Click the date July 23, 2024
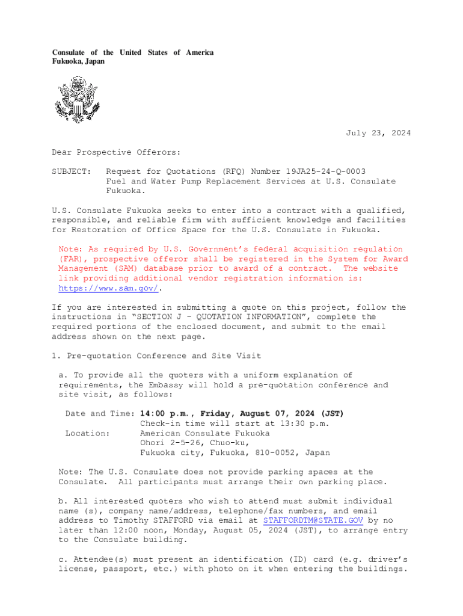point(378,133)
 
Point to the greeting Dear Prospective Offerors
point(116,152)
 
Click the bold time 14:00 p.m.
point(167,414)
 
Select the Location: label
point(88,433)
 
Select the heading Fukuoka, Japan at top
point(78,61)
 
